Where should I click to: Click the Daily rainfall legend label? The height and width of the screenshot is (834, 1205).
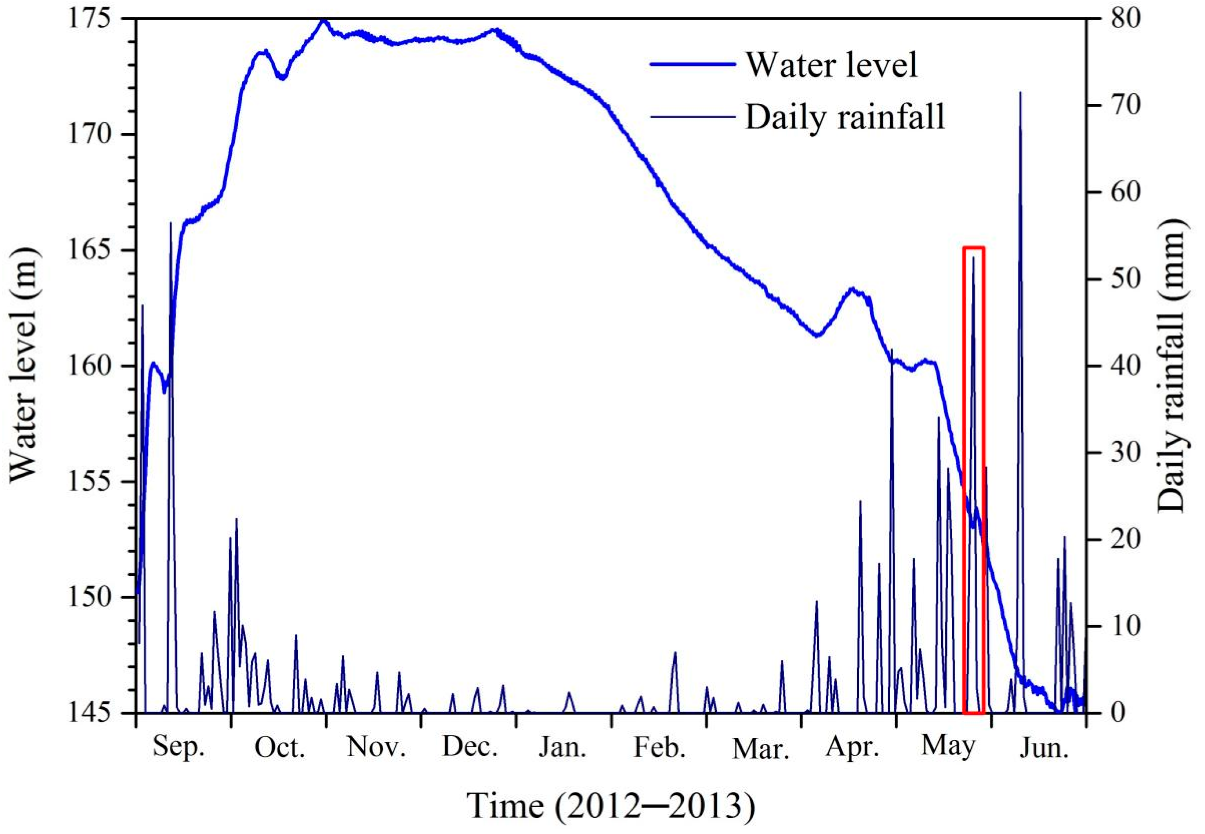pos(845,117)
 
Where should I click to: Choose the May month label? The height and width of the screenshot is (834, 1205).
pos(948,746)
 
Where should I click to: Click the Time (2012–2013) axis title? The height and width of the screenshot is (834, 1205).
pos(611,806)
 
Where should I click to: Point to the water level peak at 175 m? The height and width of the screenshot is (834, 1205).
pos(323,21)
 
